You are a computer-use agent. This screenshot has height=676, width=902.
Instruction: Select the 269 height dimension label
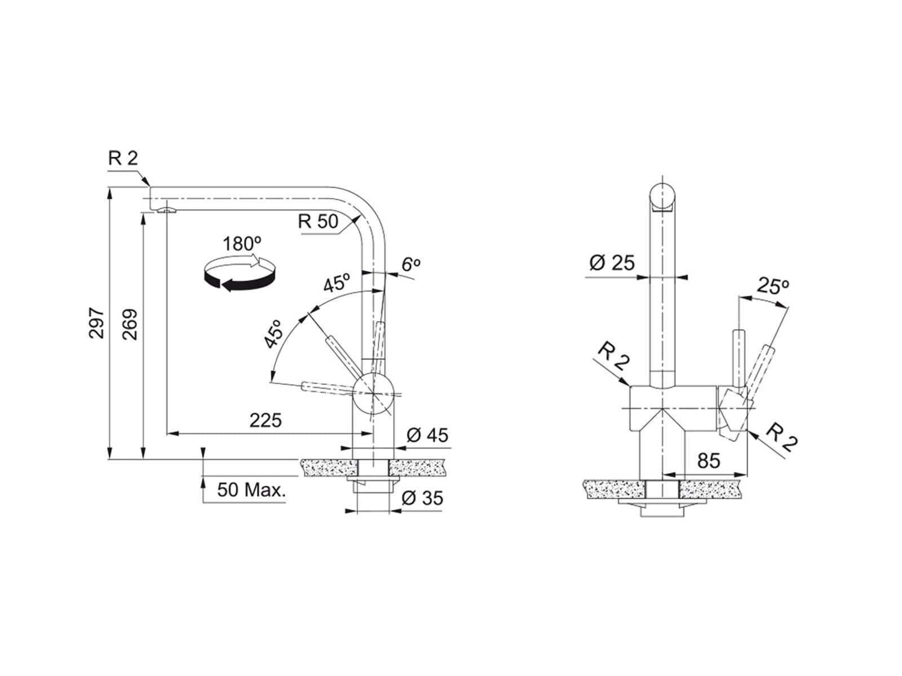[x=130, y=324]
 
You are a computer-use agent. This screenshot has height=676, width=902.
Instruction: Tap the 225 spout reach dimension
[x=266, y=420]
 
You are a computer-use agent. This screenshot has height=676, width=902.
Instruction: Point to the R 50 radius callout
[x=317, y=221]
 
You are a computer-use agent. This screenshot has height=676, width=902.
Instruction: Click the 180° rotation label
[x=242, y=244]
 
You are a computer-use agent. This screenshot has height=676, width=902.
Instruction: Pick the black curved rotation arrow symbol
[x=240, y=273]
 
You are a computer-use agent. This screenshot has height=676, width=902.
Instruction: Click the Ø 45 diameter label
[x=427, y=435]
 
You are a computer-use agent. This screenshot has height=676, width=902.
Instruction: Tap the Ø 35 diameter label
[x=422, y=498]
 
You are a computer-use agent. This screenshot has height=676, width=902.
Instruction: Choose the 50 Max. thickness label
[x=251, y=490]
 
